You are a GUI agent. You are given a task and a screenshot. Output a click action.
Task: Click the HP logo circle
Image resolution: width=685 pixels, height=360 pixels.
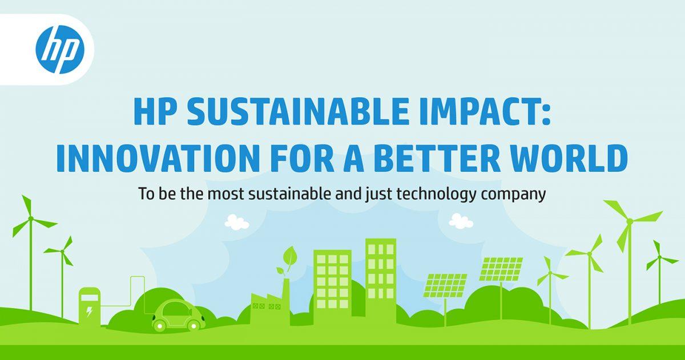click(x=60, y=50)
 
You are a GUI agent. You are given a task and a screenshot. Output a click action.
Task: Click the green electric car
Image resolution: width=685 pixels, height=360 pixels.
click(x=179, y=315)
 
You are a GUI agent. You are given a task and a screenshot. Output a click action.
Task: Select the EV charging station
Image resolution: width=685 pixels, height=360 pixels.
click(x=89, y=307)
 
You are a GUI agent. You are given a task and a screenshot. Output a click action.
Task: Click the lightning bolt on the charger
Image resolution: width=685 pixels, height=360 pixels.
click(x=89, y=312)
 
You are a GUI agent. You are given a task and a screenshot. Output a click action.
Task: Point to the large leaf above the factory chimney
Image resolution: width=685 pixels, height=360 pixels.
click(x=289, y=256)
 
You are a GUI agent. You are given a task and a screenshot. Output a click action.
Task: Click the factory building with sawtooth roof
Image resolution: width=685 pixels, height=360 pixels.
click(x=269, y=302)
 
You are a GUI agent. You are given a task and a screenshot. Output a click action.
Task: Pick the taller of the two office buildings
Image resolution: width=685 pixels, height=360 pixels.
click(x=380, y=281)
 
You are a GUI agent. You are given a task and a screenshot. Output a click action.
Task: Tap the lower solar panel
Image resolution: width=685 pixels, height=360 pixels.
click(x=445, y=285)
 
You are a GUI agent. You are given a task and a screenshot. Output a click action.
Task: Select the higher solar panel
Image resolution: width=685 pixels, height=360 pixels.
click(x=501, y=269)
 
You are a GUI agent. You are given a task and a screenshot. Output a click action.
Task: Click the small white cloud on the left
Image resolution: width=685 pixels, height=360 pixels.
click(x=237, y=222)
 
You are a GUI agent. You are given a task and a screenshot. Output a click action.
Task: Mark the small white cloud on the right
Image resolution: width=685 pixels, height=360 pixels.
click(x=461, y=221)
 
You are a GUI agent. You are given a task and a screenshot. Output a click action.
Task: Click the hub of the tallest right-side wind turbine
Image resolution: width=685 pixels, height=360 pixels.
click(x=630, y=221)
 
